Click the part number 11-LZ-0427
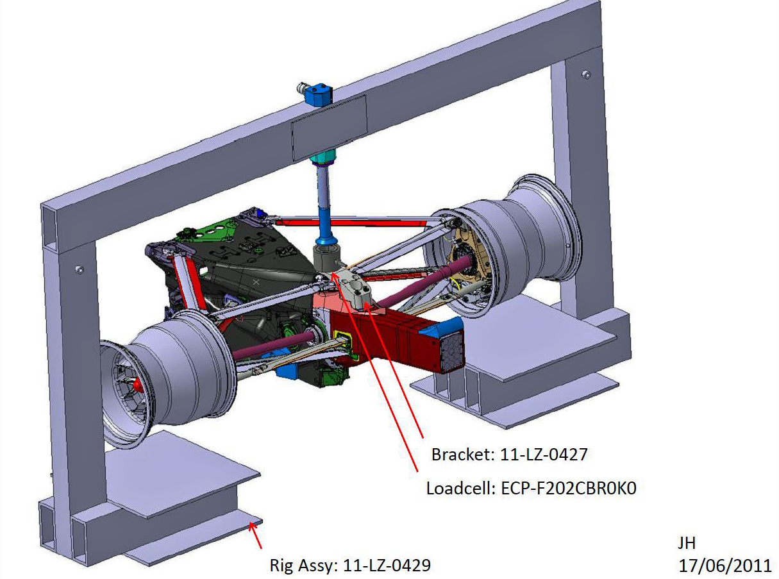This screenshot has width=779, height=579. [543, 454]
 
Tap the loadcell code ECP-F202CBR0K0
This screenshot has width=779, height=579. [569, 489]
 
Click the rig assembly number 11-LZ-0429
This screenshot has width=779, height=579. [387, 566]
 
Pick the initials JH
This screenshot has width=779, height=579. [687, 543]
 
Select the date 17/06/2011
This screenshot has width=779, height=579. [725, 566]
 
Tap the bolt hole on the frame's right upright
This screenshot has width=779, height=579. [586, 74]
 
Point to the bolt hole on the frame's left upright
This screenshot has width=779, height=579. [80, 269]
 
